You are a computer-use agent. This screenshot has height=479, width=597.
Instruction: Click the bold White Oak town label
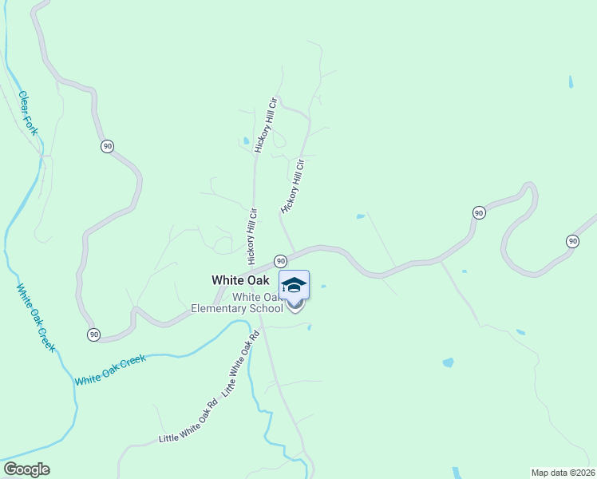point(239,280)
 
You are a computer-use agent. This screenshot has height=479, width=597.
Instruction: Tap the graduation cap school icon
point(294,285)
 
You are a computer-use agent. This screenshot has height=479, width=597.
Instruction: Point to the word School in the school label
point(266,308)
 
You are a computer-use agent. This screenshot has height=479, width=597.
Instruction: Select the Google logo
point(26,469)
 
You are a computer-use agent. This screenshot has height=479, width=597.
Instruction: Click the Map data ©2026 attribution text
point(563,473)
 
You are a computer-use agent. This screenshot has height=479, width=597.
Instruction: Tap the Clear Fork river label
point(28,113)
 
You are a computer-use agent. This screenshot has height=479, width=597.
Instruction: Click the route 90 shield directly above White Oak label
point(280,261)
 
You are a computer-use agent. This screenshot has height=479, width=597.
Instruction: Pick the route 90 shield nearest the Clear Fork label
point(108,146)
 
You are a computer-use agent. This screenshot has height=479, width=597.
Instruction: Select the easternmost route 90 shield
point(572,241)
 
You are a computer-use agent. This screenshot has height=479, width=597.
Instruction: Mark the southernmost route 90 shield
point(94,334)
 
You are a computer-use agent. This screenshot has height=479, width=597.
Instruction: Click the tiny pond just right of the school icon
point(322,287)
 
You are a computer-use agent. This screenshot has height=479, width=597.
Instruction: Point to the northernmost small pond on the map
point(570,81)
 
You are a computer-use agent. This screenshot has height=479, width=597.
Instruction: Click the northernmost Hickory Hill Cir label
point(265,125)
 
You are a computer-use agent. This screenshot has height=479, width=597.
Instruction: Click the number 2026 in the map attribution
point(583,473)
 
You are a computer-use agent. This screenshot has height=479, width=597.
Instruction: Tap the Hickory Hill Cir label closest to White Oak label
point(252,237)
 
